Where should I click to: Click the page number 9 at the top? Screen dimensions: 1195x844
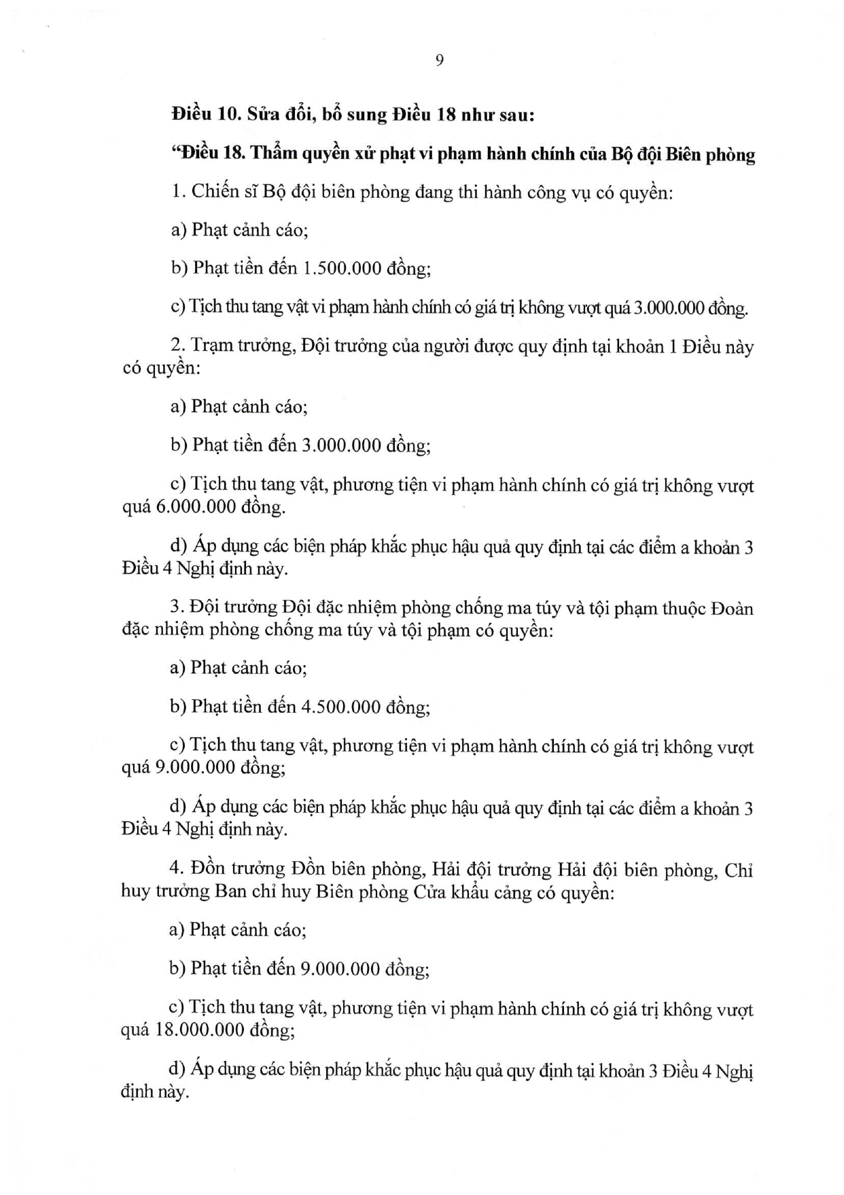439,61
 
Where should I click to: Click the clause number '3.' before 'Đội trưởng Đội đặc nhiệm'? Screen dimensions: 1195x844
177,607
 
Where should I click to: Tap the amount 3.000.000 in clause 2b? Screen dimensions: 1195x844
341,445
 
